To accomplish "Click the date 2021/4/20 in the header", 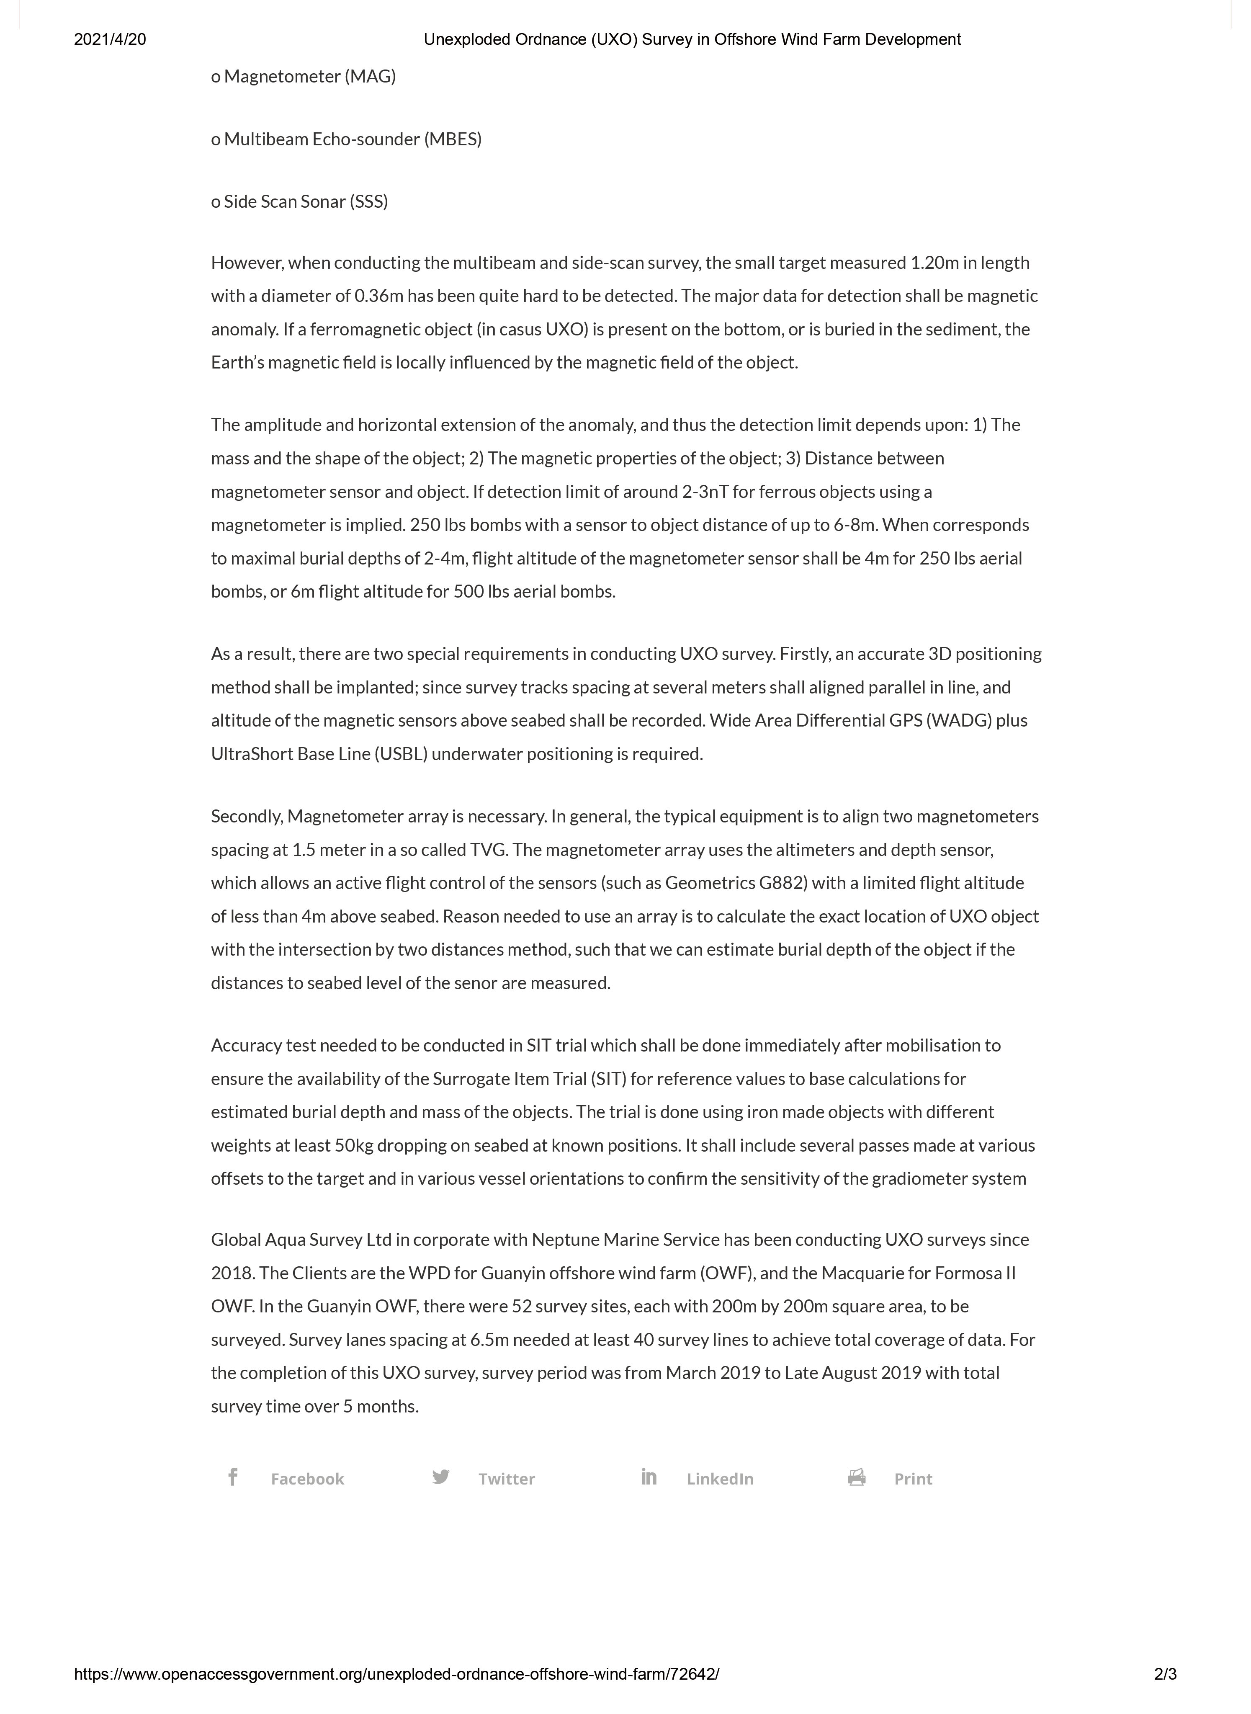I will point(110,39).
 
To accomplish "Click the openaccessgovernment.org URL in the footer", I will point(396,1675).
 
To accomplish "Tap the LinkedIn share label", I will point(719,1479).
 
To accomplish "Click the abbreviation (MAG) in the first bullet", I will point(370,77).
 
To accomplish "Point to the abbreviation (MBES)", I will point(452,139).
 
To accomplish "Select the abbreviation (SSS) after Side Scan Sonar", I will point(369,201).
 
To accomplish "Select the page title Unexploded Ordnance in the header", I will point(530,39).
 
